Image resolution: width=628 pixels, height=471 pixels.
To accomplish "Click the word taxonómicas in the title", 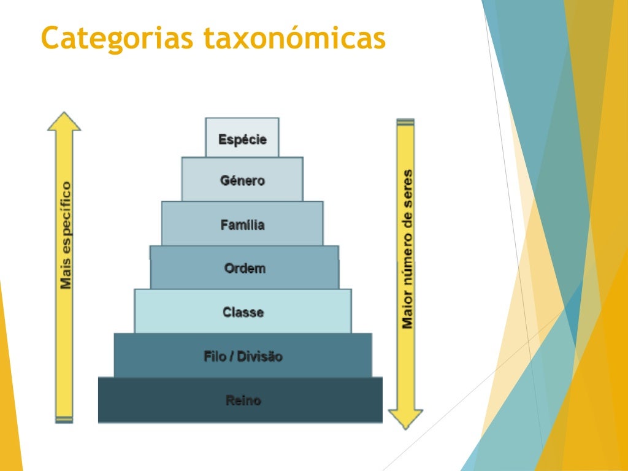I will (x=294, y=38).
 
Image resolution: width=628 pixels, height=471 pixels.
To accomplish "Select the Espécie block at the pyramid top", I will (x=242, y=139).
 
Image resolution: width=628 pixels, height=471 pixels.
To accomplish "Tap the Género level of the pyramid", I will (x=242, y=180).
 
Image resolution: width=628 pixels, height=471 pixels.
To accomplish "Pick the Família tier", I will (x=242, y=224).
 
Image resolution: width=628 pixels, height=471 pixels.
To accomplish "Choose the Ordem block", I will (x=244, y=268).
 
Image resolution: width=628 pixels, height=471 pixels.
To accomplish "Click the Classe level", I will (x=243, y=312).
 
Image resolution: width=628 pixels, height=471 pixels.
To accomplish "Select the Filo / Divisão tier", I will (x=243, y=356).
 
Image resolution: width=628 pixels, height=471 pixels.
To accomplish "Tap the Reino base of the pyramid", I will (x=243, y=400).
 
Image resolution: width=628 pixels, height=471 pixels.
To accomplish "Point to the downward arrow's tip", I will (x=405, y=427).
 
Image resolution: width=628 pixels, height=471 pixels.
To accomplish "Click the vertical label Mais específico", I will (x=66, y=234).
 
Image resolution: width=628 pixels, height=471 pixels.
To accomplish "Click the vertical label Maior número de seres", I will (x=407, y=248).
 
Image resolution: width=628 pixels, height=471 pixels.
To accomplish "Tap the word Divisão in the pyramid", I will (x=259, y=356).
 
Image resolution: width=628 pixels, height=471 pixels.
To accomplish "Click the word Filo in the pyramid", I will (x=214, y=356).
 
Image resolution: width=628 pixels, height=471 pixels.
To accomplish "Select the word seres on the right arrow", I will (x=407, y=188).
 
